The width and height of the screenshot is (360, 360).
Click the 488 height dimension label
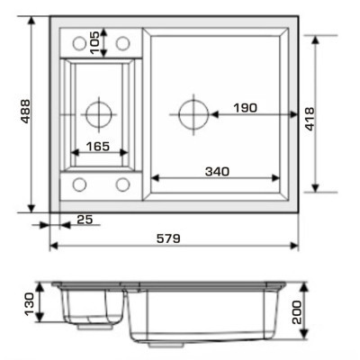26,112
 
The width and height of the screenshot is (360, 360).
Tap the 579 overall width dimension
168,238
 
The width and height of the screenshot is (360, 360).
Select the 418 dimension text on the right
310,119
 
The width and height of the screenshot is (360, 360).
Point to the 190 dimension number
246,108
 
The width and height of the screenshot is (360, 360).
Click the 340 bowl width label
217,172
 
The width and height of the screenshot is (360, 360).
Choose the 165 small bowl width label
98,147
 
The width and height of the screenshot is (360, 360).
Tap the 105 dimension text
94,42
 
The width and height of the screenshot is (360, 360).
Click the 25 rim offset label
85,220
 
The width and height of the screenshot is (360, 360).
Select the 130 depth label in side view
30,304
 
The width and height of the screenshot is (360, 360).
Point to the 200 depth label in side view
297,312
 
